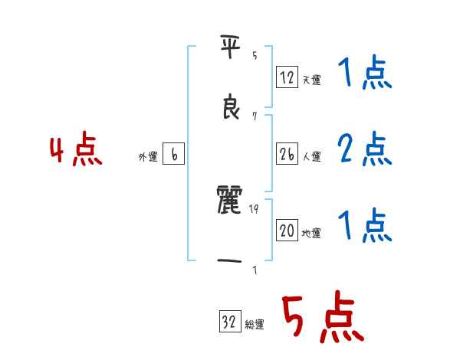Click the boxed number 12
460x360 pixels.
[x=287, y=77]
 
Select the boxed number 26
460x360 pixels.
[x=287, y=154]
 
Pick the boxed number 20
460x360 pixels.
[x=287, y=231]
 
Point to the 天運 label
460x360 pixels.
[x=311, y=80]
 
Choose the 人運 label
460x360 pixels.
[x=311, y=156]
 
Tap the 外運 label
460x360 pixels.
[x=148, y=157]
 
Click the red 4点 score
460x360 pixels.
[x=76, y=152]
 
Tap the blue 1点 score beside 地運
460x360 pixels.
[x=364, y=225]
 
